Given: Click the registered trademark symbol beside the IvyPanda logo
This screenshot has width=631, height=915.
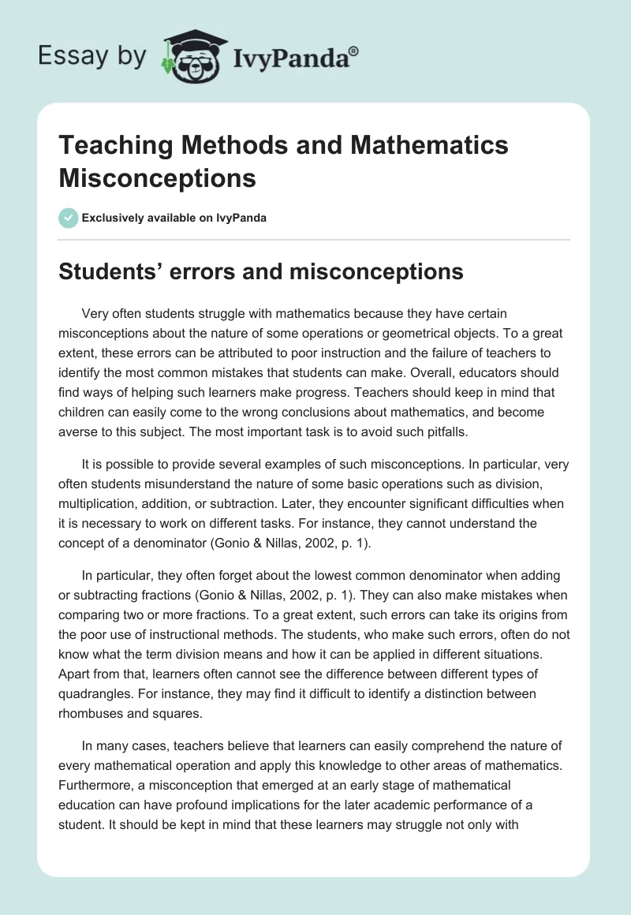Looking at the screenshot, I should (x=354, y=52).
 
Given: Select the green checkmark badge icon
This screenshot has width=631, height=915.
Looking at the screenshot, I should (x=69, y=218).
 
